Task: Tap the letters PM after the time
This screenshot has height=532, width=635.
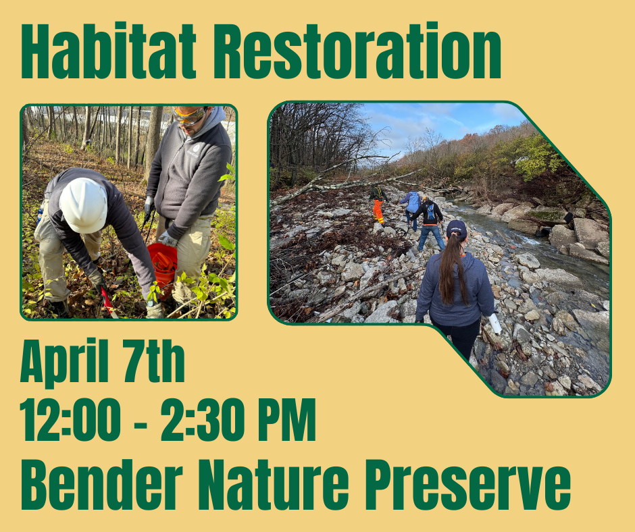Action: (x=286, y=421)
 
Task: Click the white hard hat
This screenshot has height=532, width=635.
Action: (x=83, y=205)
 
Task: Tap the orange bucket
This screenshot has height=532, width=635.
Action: (x=163, y=265)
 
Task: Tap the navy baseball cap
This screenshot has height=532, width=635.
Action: (x=456, y=228)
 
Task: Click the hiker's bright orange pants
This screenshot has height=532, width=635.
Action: (x=378, y=211)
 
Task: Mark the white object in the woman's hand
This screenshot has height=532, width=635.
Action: (x=495, y=324)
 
